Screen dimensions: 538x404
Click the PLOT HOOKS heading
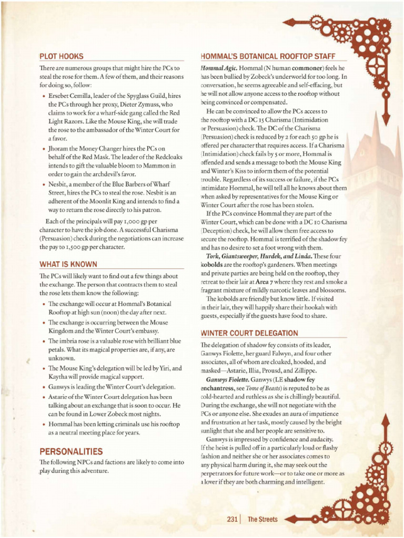pyautogui.click(x=61, y=56)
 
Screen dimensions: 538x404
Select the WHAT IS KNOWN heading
pyautogui.click(x=68, y=264)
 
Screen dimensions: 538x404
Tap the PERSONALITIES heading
pyautogui.click(x=71, y=451)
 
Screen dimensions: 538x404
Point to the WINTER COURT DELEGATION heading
pyautogui.click(x=249, y=333)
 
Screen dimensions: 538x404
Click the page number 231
pyautogui.click(x=232, y=520)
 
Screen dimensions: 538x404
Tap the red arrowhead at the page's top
pyautogui.click(x=290, y=22)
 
